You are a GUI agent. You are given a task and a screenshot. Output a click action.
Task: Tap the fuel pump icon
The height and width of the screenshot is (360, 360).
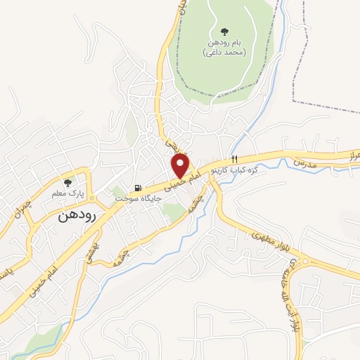tap(138, 188)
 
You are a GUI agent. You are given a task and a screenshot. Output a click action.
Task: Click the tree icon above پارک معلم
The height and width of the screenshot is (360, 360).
tap(67, 182)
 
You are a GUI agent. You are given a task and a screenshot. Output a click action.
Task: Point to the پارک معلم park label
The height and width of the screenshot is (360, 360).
tap(70, 193)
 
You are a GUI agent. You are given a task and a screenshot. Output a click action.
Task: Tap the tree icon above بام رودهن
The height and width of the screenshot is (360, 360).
tap(224, 32)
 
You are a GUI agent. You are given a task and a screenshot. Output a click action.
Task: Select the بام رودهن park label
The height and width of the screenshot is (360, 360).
tap(225, 43)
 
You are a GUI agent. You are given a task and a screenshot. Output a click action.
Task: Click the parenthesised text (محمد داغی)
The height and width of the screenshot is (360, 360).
tap(225, 53)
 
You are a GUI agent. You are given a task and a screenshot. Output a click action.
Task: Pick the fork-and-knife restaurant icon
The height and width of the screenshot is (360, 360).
tap(236, 159)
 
